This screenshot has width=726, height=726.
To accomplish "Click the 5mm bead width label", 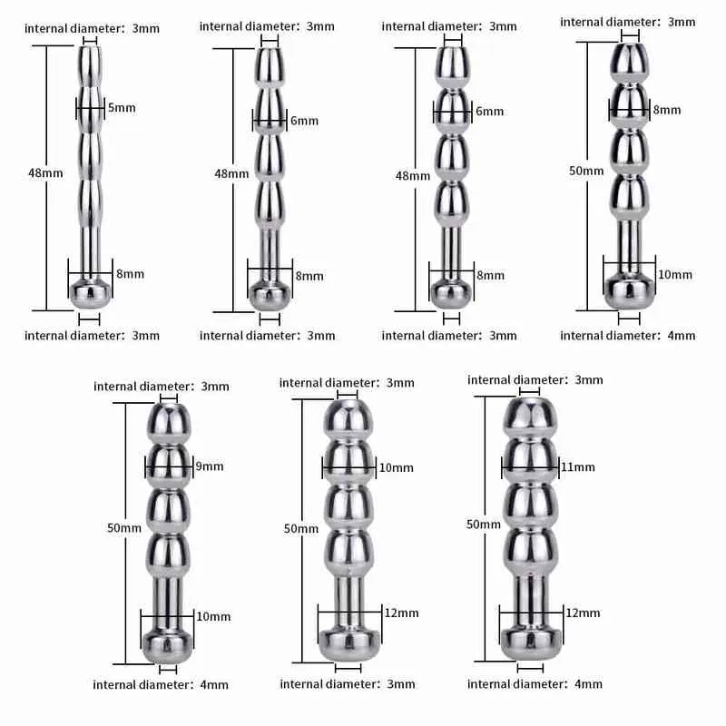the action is pyautogui.click(x=122, y=108).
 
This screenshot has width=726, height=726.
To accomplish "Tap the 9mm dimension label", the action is pyautogui.click(x=210, y=466).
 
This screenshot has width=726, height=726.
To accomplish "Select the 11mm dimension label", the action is pyautogui.click(x=578, y=467).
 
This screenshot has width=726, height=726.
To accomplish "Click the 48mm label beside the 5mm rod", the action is pyautogui.click(x=45, y=173).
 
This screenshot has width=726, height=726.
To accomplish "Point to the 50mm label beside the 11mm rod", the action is pyautogui.click(x=484, y=525).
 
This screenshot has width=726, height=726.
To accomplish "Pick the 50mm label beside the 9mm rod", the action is pyautogui.click(x=124, y=528).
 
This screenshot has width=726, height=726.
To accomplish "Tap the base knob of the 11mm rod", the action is pyautogui.click(x=531, y=643).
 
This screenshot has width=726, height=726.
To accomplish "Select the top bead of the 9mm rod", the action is pyautogui.click(x=169, y=422).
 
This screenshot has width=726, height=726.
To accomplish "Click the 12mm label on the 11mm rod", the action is pyautogui.click(x=583, y=613).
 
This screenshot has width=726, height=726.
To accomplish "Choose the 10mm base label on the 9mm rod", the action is pyautogui.click(x=213, y=617).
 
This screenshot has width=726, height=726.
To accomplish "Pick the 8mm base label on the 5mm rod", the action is pyautogui.click(x=130, y=274).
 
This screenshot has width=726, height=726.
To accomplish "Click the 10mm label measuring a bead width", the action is pyautogui.click(x=397, y=468).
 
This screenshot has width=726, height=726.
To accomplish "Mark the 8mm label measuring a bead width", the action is pyautogui.click(x=667, y=110).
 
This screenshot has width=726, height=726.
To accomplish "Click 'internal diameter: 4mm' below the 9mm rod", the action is pyautogui.click(x=161, y=685).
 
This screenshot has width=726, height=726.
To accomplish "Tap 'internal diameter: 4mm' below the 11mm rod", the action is pyautogui.click(x=535, y=684).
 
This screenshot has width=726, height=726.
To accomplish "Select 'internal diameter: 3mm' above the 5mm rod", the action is pyautogui.click(x=92, y=29).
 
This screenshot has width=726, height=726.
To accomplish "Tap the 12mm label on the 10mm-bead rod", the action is pyautogui.click(x=402, y=613).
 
